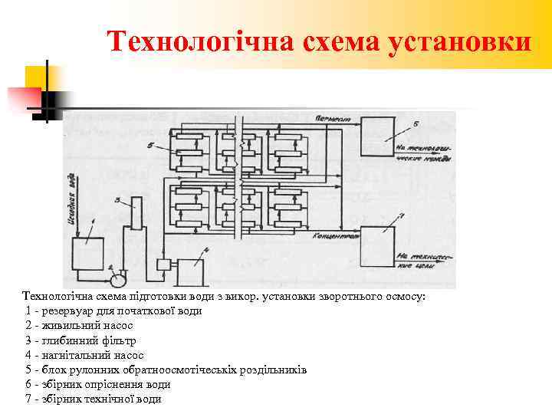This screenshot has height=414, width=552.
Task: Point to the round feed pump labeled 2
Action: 117,271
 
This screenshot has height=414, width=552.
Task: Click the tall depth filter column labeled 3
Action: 135,215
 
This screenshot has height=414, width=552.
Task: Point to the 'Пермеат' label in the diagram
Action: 332,120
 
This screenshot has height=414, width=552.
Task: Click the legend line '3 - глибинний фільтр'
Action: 80,340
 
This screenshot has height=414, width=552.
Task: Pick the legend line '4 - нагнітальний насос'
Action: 84,355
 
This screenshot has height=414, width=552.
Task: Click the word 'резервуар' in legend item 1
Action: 66,311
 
